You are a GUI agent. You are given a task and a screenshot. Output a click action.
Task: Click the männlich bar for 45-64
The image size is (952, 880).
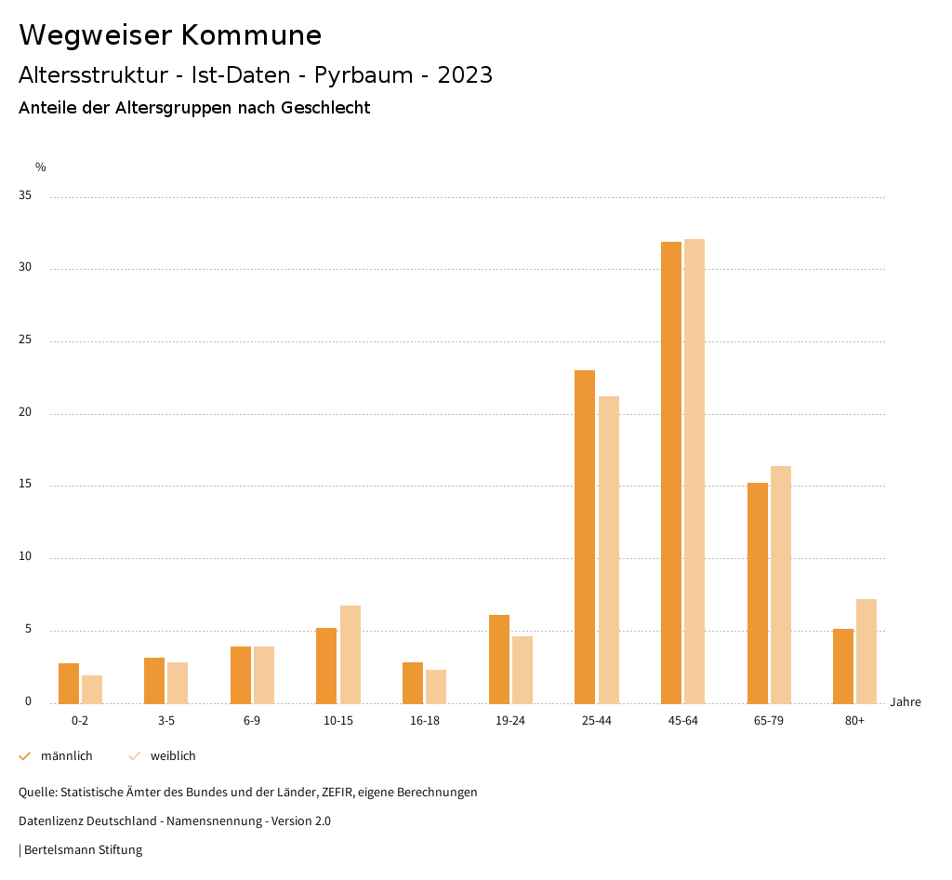pyautogui.click(x=670, y=473)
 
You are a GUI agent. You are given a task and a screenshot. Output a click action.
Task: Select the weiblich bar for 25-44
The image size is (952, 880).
pyautogui.click(x=609, y=550)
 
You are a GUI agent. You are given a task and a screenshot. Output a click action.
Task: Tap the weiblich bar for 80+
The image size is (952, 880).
pyautogui.click(x=866, y=651)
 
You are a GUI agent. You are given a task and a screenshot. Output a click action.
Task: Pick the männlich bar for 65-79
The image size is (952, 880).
pyautogui.click(x=757, y=593)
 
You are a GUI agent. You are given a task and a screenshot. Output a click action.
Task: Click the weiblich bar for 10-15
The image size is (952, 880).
pyautogui.click(x=350, y=654)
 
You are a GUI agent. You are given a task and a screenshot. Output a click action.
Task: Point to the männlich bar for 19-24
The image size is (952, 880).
pyautogui.click(x=499, y=659)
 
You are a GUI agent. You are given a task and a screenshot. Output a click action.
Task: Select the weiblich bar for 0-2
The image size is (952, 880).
pyautogui.click(x=92, y=689)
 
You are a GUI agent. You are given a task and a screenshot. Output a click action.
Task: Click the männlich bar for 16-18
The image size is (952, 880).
pyautogui.click(x=413, y=683)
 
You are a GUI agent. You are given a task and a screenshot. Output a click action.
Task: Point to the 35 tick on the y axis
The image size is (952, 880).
pyautogui.click(x=25, y=196)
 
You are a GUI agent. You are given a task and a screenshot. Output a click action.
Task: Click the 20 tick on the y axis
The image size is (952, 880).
pyautogui.click(x=25, y=413)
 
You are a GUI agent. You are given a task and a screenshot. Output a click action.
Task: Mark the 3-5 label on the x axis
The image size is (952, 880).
pyautogui.click(x=166, y=721)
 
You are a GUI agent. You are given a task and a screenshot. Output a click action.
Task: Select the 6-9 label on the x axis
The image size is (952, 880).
pyautogui.click(x=252, y=721)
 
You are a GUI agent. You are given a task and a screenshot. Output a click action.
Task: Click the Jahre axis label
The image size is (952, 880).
pyautogui.click(x=905, y=702)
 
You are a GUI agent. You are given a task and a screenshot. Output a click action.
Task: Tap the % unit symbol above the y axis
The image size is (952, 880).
pyautogui.click(x=41, y=167)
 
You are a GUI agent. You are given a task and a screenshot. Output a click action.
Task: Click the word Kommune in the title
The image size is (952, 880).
pyautogui.click(x=251, y=35)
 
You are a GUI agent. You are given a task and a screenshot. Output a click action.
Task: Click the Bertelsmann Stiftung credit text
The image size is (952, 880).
pyautogui.click(x=83, y=850)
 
